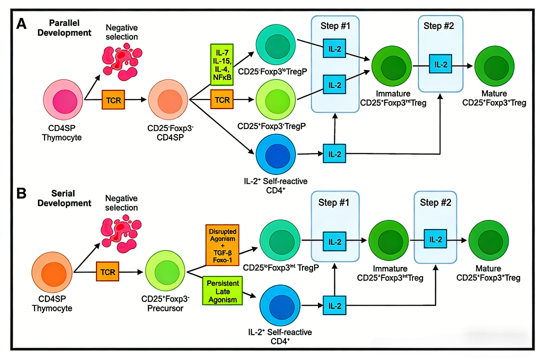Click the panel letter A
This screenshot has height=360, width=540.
tap(21, 24)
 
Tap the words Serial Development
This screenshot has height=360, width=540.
tap(70, 198)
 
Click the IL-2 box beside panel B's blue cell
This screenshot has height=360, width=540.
tap(334, 304)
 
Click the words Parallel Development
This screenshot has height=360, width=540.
tap(70, 28)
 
